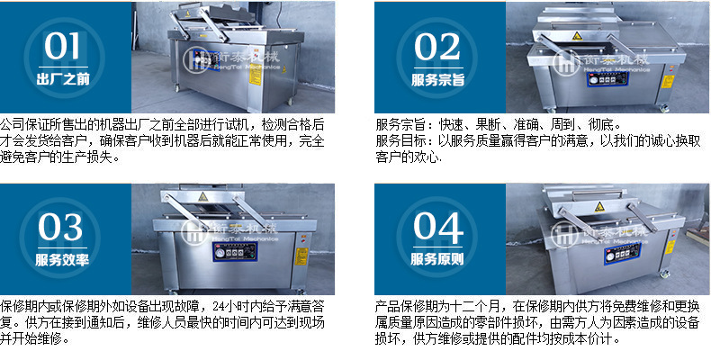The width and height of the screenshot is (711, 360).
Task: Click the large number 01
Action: click(x=62, y=46)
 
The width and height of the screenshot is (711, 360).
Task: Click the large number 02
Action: click(x=437, y=47)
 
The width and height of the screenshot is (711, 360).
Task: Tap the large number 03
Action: click(x=60, y=227)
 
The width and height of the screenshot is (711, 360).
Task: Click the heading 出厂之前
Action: click(x=63, y=79)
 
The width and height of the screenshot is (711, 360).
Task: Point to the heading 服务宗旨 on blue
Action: click(x=437, y=80)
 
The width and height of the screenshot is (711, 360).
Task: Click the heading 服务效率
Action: click(x=62, y=259)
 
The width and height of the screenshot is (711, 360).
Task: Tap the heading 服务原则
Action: click(x=437, y=259)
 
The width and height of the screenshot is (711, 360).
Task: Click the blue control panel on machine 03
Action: click(x=235, y=252)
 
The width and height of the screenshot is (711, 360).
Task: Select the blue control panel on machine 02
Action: click(x=608, y=79)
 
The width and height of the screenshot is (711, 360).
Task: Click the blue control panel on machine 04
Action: click(x=622, y=254)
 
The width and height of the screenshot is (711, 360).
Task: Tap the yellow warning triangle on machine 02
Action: click(x=577, y=36)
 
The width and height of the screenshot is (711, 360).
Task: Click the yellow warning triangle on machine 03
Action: click(x=202, y=197)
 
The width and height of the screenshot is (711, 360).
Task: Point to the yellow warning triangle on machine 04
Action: click(x=599, y=207)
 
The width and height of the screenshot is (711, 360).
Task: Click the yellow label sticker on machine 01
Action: click(x=256, y=75)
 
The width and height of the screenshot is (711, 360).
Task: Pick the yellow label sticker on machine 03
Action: click(x=301, y=256)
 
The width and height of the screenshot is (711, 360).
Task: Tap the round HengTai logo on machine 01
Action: click(x=194, y=58)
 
